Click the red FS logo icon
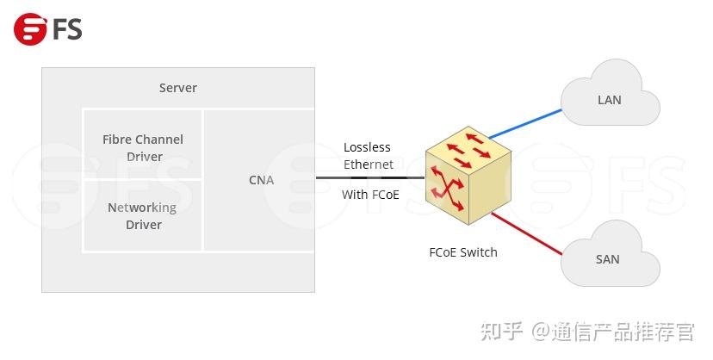tap(30, 28)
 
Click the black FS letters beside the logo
tap(67, 28)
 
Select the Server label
tap(178, 88)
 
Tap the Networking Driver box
tap(143, 215)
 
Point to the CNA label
tap(261, 180)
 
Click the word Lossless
tap(367, 147)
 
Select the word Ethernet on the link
tap(369, 164)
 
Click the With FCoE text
tap(370, 195)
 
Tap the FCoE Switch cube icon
tap(468, 176)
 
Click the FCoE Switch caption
tap(463, 252)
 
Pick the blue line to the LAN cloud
tap(525, 123)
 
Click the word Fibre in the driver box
tap(118, 139)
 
